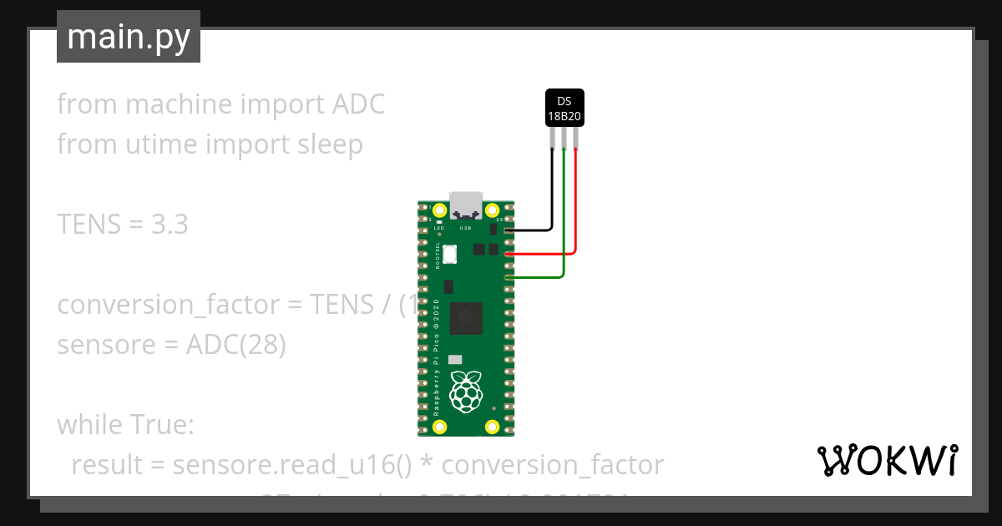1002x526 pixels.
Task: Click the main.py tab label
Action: [x=128, y=37]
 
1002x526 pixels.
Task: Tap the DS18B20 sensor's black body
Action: [x=564, y=108]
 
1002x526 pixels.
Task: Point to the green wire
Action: [x=564, y=217]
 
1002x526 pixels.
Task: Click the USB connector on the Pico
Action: [x=465, y=205]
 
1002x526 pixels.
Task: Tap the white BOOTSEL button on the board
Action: [x=450, y=254]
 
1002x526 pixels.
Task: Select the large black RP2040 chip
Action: [x=465, y=319]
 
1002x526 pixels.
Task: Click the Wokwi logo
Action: [x=886, y=461]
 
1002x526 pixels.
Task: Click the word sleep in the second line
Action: [x=331, y=144]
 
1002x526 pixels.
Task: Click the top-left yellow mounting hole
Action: [x=440, y=210]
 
